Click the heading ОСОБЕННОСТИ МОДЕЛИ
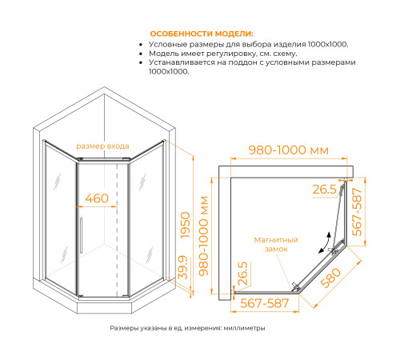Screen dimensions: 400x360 (x=202, y=34)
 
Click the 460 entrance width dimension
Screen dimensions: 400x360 (x=97, y=198)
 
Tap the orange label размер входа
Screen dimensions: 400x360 (x=102, y=146)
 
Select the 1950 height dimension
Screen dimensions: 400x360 (x=186, y=226)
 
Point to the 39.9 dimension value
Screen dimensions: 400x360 (x=183, y=267)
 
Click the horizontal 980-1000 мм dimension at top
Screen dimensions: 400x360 (x=289, y=150)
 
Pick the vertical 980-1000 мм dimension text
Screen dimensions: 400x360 (x=204, y=236)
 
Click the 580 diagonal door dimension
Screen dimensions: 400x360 (x=330, y=278)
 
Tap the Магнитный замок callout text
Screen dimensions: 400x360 (x=276, y=244)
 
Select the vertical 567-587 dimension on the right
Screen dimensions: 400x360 (x=358, y=212)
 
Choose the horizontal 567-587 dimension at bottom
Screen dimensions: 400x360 (x=265, y=303)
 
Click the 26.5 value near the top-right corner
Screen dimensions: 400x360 (x=325, y=190)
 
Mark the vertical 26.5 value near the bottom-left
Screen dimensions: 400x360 (x=242, y=274)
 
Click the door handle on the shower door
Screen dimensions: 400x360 (x=81, y=235)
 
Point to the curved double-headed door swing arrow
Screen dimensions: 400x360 (x=325, y=242)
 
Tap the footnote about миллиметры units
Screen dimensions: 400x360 (x=187, y=328)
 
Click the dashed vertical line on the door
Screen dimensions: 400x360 (x=117, y=230)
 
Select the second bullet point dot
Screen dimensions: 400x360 (x=141, y=54)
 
